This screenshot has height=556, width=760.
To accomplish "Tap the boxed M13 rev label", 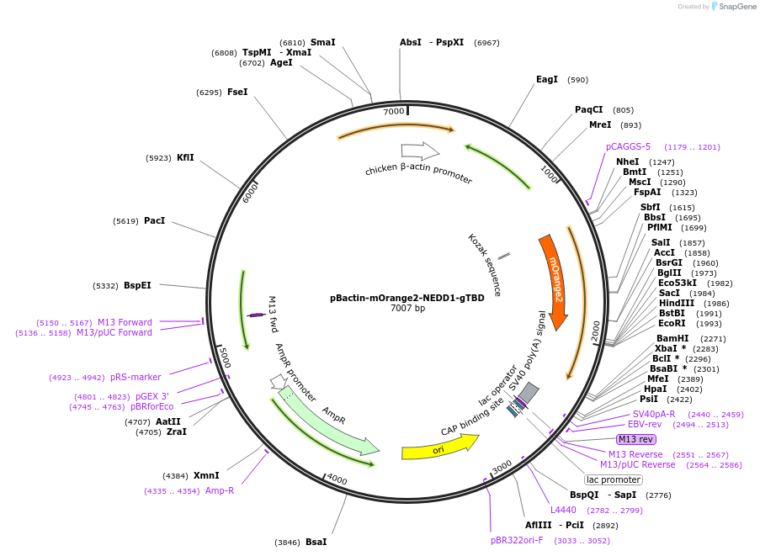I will [635, 439].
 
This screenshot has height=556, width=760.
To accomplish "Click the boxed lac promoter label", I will [614, 479].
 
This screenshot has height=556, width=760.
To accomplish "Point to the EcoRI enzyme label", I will [672, 324].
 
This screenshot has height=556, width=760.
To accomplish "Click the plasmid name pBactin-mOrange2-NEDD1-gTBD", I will [407, 298].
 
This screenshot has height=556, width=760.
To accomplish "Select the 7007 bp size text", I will [407, 309].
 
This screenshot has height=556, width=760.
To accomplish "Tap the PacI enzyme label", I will [154, 221].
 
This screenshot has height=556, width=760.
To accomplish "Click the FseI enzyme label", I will [237, 92].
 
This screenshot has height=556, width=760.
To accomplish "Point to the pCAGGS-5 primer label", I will [628, 146].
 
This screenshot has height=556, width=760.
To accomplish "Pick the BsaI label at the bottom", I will [316, 542].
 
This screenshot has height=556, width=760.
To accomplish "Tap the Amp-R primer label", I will [220, 490].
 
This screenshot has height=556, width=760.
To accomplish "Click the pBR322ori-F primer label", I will [517, 540].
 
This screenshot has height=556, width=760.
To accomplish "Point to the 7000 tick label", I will [394, 112].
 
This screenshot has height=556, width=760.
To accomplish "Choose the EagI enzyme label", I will [547, 80].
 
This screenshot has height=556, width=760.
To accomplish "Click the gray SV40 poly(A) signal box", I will [528, 393].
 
